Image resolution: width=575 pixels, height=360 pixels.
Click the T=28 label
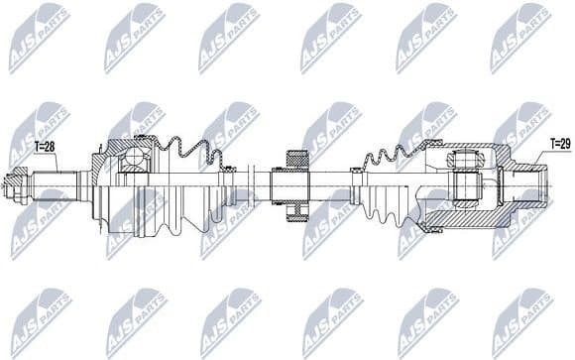[47, 147]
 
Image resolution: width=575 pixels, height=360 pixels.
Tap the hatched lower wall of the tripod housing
[466, 220]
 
